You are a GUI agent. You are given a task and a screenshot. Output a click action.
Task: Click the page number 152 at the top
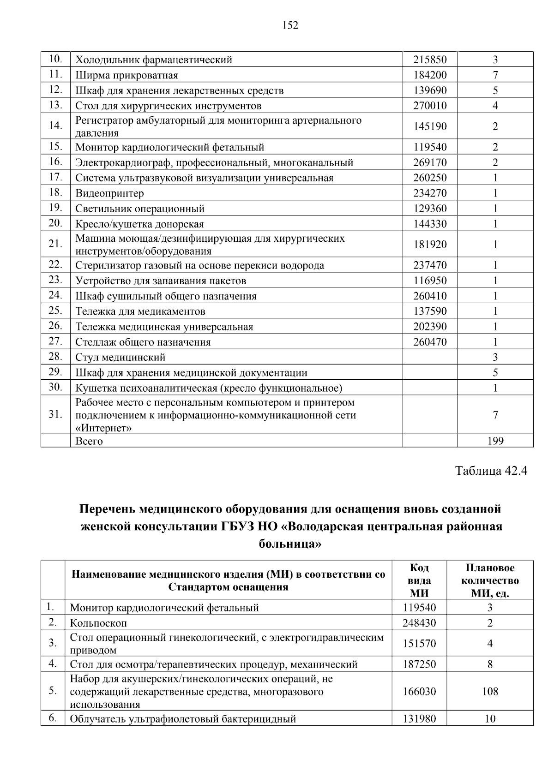(x=290, y=25)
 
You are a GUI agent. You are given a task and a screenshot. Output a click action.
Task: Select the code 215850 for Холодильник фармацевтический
(x=430, y=60)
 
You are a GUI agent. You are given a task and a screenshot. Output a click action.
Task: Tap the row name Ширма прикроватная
(x=126, y=75)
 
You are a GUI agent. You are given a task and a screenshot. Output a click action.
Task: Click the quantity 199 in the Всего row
(x=495, y=441)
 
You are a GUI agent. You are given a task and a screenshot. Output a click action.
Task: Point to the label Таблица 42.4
(x=491, y=471)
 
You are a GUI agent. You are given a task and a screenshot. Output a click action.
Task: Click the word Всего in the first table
(x=89, y=441)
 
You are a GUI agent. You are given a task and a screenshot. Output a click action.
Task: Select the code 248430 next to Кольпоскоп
(x=419, y=623)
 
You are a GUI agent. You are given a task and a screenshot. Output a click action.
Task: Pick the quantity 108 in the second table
(x=490, y=691)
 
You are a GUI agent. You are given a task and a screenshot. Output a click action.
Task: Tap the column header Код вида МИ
(x=419, y=580)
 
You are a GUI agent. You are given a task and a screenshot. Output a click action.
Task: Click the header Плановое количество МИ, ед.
(x=490, y=580)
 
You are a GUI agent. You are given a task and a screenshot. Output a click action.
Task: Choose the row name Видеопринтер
(x=109, y=193)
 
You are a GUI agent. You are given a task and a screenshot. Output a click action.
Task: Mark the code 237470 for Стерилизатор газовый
(x=430, y=266)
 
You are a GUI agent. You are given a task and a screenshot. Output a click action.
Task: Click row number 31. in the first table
(x=55, y=414)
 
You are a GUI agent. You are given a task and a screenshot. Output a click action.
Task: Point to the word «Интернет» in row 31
(x=103, y=428)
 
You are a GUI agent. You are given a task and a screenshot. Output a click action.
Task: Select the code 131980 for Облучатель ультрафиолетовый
(x=419, y=719)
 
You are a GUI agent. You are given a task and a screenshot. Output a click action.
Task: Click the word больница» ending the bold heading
(x=290, y=544)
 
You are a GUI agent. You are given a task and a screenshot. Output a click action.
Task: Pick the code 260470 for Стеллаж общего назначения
(x=430, y=342)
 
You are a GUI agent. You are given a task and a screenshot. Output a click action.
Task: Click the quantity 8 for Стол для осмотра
(x=490, y=664)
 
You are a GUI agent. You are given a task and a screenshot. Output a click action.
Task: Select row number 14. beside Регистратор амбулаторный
(x=55, y=126)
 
